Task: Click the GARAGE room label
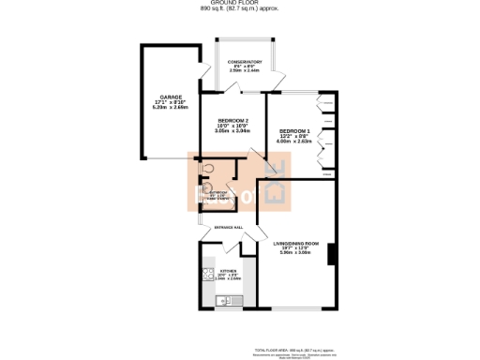click(169, 97)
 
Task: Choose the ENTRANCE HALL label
click(230, 228)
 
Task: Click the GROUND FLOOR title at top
click(239, 4)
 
